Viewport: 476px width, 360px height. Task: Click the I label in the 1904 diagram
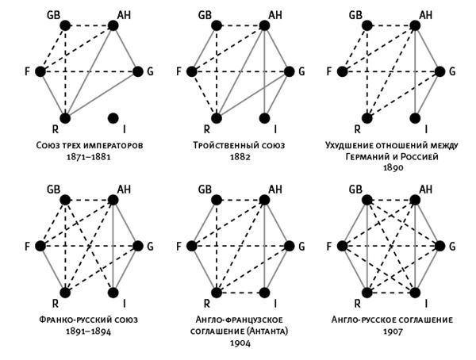coord(274,303)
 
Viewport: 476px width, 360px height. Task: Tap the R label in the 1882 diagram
coord(206,128)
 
